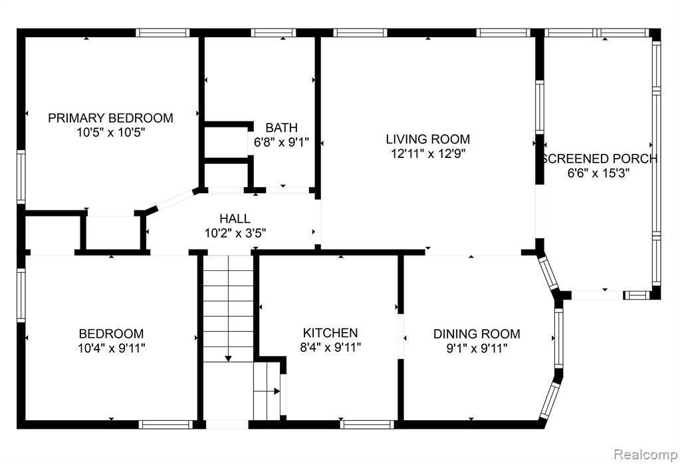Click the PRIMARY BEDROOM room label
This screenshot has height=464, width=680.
[110, 118]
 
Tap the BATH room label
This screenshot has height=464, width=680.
[281, 128]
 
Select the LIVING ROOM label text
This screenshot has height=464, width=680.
[428, 139]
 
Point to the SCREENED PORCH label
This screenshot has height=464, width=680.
[600, 159]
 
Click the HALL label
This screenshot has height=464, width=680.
[235, 218]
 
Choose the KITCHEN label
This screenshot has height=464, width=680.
[330, 333]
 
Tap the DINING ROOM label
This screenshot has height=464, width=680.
[477, 334]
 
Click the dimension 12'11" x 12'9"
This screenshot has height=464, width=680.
[428, 153]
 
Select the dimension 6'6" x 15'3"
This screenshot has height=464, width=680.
[598, 173]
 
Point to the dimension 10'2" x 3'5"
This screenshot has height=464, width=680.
[235, 233]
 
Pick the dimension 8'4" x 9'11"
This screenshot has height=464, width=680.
[330, 347]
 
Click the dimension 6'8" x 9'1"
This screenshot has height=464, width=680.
[281, 142]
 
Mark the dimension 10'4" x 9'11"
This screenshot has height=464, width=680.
[112, 348]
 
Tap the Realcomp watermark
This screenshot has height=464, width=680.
[645, 455]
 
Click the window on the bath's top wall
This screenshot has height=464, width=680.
[273, 33]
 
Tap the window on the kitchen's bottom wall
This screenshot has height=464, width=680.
[367, 424]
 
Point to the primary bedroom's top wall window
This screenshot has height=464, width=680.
[163, 33]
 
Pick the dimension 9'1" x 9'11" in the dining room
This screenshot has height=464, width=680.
[477, 348]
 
